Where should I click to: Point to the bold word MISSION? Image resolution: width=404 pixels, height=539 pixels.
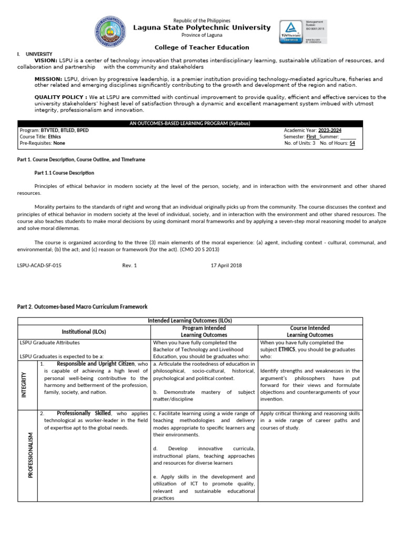(48, 78)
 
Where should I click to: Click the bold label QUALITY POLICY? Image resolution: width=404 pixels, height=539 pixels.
(60, 97)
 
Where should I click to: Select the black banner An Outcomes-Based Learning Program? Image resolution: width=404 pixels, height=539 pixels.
(190, 123)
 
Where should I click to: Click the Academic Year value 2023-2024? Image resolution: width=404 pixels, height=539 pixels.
(329, 129)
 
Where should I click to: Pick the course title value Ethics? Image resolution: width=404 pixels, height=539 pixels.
(54, 136)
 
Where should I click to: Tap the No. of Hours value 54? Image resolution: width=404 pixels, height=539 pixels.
(352, 143)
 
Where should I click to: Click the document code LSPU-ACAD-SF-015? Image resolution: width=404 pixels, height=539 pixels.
(39, 265)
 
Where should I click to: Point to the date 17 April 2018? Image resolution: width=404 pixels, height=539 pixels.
(226, 265)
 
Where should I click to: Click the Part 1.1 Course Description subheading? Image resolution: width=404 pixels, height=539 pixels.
(64, 172)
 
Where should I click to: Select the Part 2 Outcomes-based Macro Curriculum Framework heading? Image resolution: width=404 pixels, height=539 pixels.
(83, 306)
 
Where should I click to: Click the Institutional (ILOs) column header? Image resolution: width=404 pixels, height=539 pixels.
(84, 332)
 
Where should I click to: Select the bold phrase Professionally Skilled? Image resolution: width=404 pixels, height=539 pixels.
(84, 413)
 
